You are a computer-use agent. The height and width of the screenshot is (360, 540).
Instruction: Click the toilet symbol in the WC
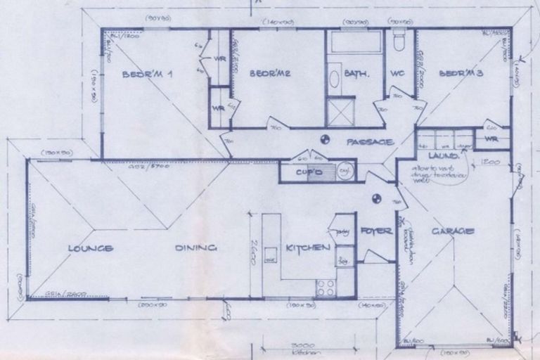tap(399, 41)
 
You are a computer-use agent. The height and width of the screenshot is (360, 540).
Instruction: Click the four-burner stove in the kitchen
tap(326, 287)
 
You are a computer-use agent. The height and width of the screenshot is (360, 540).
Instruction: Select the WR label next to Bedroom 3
tap(491, 139)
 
